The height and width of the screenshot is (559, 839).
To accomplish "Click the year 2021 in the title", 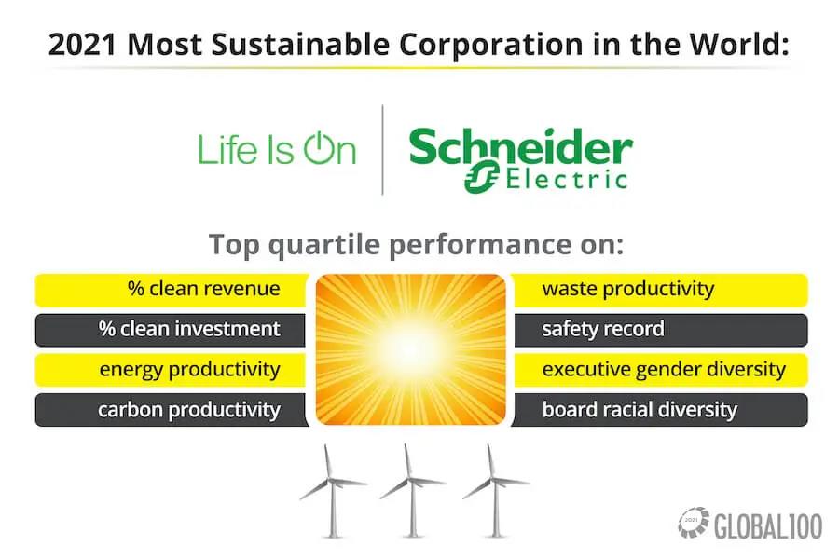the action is coord(82,45).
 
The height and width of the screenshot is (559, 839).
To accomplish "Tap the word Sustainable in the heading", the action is coord(300,45).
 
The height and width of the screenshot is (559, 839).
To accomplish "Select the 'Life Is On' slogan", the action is coord(277,148).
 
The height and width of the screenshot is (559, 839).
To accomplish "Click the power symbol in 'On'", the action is coord(319,147).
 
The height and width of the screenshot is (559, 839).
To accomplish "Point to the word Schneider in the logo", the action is coord(520,146).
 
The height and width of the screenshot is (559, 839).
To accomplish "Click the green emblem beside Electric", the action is coord(482,176).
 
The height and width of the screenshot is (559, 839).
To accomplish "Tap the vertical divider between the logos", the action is coord(382,150).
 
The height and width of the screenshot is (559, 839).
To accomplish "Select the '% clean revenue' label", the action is coord(204,289).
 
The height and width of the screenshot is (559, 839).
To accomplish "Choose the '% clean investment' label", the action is coord(189,329).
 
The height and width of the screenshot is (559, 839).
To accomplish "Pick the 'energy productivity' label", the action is coord(189,370).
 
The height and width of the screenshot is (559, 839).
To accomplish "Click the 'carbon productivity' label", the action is coord(189,410).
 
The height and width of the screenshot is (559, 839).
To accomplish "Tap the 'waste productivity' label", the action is coord(628,289).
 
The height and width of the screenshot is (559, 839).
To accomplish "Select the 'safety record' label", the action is coord(603,329).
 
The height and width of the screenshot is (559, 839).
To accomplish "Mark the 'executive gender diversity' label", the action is coord(664,370).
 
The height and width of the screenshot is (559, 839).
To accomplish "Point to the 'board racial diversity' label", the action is coord(640,410).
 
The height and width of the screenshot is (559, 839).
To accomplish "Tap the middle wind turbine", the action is coord(412,489).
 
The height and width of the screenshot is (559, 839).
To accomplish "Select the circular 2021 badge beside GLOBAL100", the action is coord(694,522).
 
